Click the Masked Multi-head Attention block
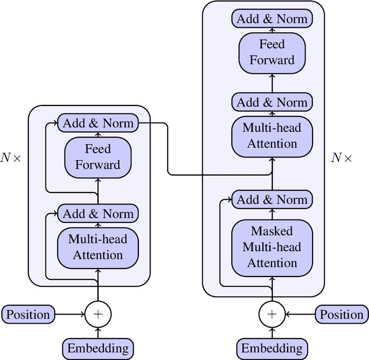(x=272, y=247)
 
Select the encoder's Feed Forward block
(x=97, y=157)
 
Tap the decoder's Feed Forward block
(x=272, y=52)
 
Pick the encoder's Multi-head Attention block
(x=97, y=247)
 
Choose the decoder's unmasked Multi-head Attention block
(x=272, y=135)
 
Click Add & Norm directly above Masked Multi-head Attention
(x=272, y=200)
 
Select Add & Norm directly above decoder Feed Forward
(x=272, y=18)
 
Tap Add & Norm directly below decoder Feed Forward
(x=272, y=103)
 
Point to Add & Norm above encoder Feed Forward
(x=97, y=123)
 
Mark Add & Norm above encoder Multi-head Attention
(x=97, y=214)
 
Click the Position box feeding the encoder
(x=28, y=314)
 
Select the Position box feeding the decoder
(x=342, y=314)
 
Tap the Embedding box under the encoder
(x=97, y=348)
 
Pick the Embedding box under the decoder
(x=272, y=348)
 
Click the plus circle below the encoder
(x=97, y=314)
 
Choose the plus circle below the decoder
(x=272, y=314)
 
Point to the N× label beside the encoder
(x=10, y=158)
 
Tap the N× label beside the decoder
(x=341, y=158)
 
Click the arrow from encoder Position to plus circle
(x=69, y=314)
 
